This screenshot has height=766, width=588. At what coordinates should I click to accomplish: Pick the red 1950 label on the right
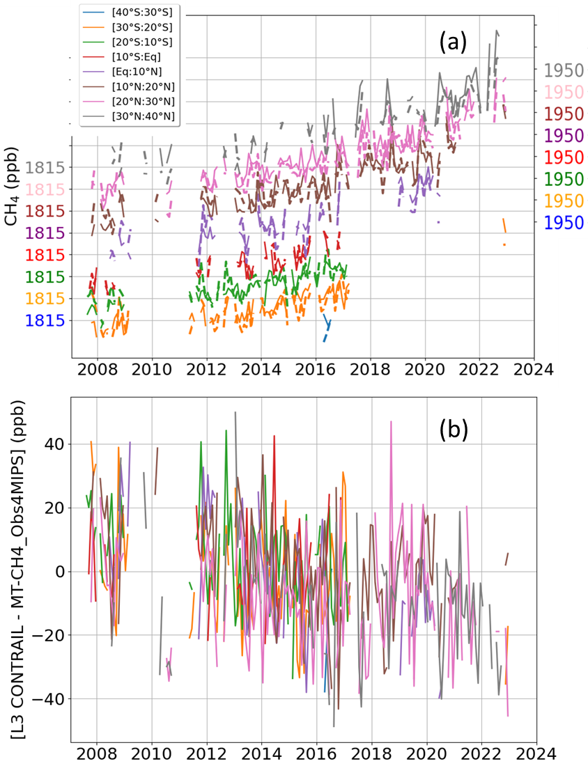pyautogui.click(x=564, y=157)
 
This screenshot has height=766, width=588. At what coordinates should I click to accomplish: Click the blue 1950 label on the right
pyautogui.click(x=564, y=223)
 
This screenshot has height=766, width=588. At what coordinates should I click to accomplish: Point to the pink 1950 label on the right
pyautogui.click(x=564, y=93)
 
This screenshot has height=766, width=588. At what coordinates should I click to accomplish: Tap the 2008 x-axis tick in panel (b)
pyautogui.click(x=96, y=754)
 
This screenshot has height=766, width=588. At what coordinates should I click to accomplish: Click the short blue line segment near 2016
pyautogui.click(x=326, y=327)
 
